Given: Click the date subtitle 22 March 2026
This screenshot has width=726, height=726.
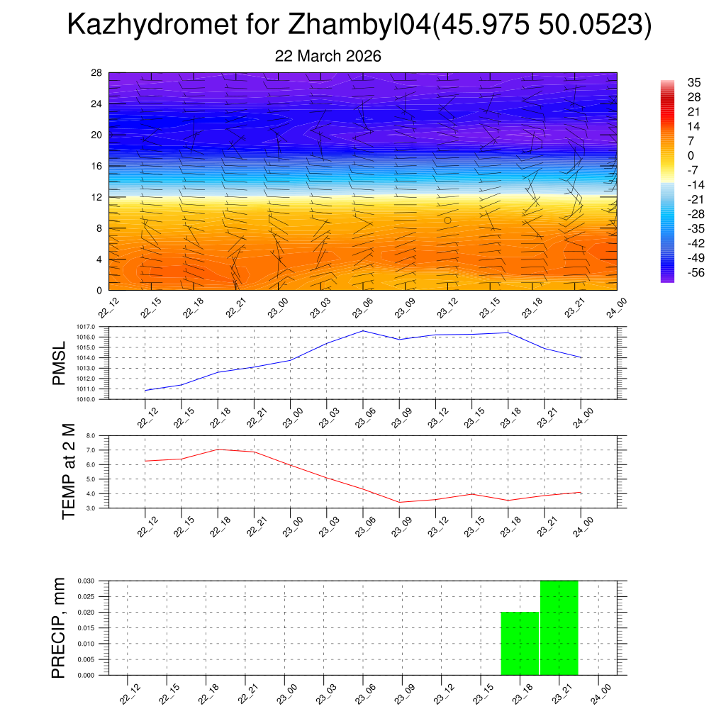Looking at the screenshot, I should tap(328, 56).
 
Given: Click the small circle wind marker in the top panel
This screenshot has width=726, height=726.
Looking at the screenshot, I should tap(447, 220).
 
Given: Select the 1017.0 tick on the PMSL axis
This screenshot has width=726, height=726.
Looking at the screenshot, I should tap(96, 327).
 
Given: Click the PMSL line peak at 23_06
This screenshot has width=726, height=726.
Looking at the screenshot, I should tap(363, 331).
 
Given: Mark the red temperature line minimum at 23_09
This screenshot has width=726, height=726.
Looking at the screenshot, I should tap(400, 502).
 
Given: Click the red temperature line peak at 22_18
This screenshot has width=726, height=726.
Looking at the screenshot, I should tap(218, 449).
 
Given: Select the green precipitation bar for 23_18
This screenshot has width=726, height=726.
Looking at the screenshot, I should tap(520, 643).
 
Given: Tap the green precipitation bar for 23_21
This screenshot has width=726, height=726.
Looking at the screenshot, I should tap(559, 627).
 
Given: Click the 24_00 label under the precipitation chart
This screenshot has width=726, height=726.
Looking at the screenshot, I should tap(598, 692).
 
